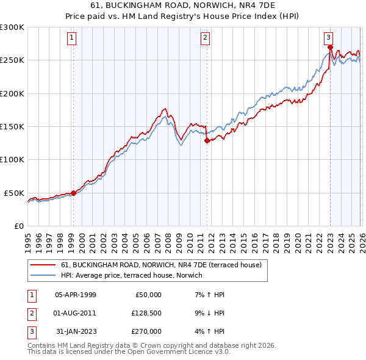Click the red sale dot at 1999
[x=73, y=193]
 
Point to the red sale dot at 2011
[x=207, y=140]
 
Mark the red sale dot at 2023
[x=330, y=47]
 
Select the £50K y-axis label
[x=15, y=193]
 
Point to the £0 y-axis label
[x=18, y=226]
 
